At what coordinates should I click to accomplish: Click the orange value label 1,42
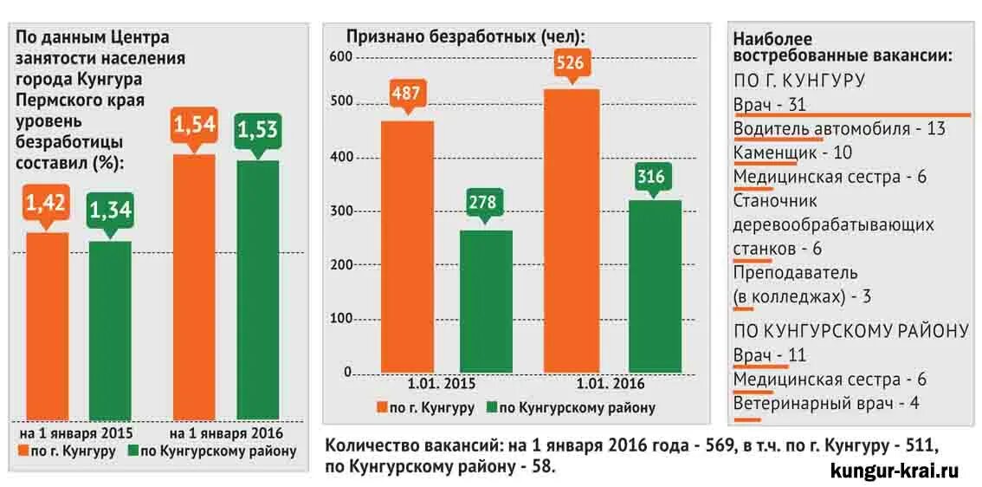(x=46, y=205)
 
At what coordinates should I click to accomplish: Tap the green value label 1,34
(x=109, y=210)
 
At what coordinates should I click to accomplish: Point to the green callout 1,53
(x=257, y=130)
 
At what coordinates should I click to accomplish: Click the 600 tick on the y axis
(x=341, y=57)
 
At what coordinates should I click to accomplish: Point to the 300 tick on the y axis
(x=341, y=211)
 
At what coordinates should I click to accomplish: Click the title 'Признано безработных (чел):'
(x=466, y=36)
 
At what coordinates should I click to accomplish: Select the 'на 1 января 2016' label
(x=226, y=432)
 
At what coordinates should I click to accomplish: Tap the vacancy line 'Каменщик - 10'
(x=792, y=153)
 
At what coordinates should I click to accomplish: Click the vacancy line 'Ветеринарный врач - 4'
(x=826, y=403)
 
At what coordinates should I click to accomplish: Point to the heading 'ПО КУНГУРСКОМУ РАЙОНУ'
(x=850, y=331)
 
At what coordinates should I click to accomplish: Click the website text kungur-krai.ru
(x=894, y=471)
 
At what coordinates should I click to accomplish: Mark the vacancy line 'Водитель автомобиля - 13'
(x=839, y=128)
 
